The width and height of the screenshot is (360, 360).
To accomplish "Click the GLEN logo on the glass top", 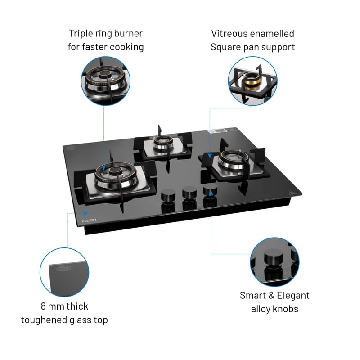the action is [89, 220].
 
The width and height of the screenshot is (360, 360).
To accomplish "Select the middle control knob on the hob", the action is [189, 193].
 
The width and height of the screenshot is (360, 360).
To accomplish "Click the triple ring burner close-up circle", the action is [106, 81].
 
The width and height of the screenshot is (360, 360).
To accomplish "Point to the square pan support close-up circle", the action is [252, 81].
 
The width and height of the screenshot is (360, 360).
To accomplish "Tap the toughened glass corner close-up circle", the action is [64, 272].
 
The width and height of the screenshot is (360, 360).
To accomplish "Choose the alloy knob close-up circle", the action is [274, 262].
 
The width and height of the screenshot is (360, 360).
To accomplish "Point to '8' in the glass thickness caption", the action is [43, 306].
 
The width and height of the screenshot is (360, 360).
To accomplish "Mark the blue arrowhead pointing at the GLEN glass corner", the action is [86, 213].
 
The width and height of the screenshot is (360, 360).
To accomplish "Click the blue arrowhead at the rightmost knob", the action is [211, 193].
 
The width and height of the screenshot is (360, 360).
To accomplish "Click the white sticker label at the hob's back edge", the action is [217, 131].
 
